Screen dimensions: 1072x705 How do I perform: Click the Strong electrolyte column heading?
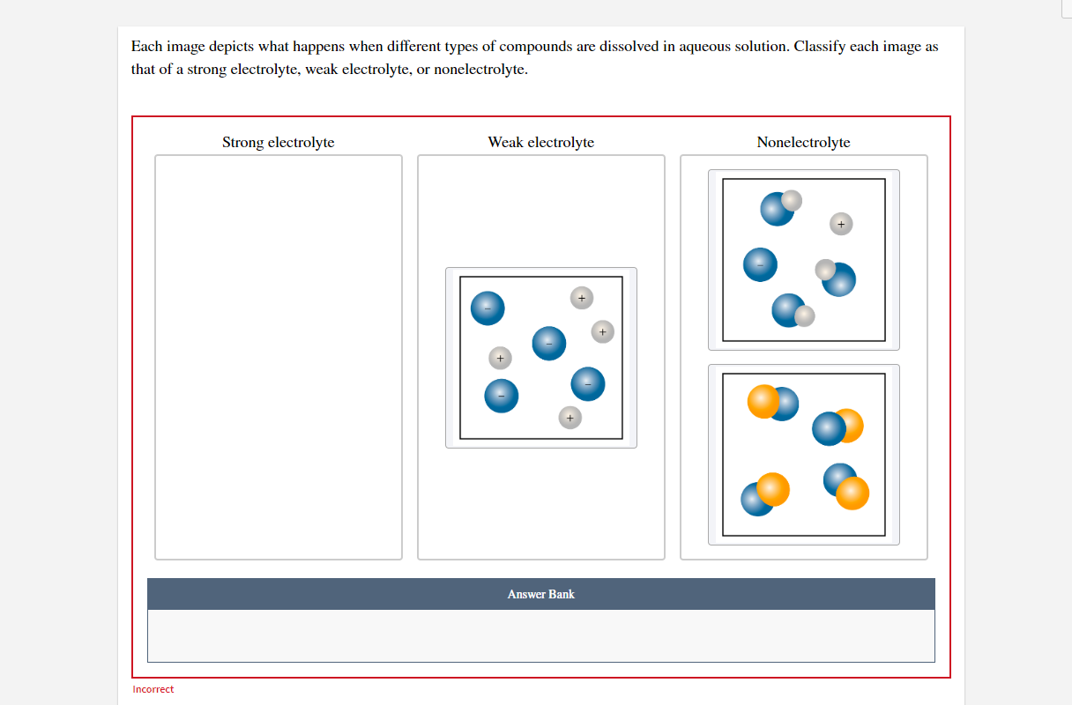coord(278,142)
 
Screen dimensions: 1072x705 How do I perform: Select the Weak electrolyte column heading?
coord(540,142)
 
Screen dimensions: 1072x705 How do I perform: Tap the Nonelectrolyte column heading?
coord(803,142)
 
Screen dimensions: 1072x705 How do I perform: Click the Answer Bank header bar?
coord(540,594)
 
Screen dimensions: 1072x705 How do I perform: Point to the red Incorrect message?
coord(153,689)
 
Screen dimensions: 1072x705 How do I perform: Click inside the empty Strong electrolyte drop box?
coord(278,357)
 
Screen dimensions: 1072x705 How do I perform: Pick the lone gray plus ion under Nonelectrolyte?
coord(841,224)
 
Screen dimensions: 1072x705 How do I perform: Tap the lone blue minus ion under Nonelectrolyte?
coord(760,264)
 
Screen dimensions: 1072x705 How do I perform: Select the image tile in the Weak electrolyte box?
coord(540,357)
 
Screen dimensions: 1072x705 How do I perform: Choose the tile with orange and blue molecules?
coord(803,454)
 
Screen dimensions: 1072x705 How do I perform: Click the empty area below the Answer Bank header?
coord(540,635)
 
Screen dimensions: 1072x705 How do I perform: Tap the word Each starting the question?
coord(145,47)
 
